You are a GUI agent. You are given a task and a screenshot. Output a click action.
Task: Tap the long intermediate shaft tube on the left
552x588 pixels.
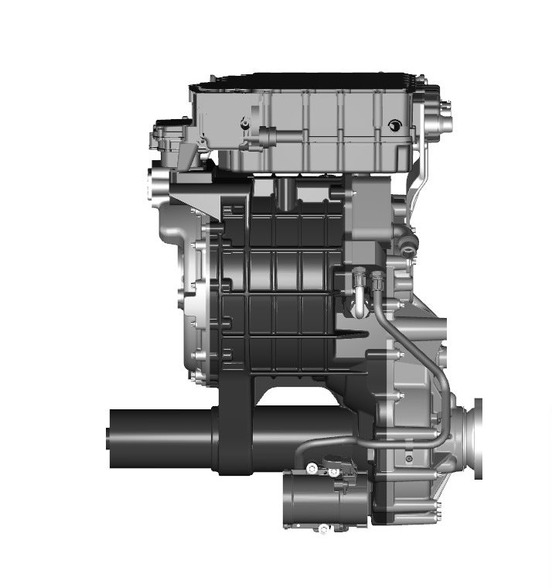[162, 437]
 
